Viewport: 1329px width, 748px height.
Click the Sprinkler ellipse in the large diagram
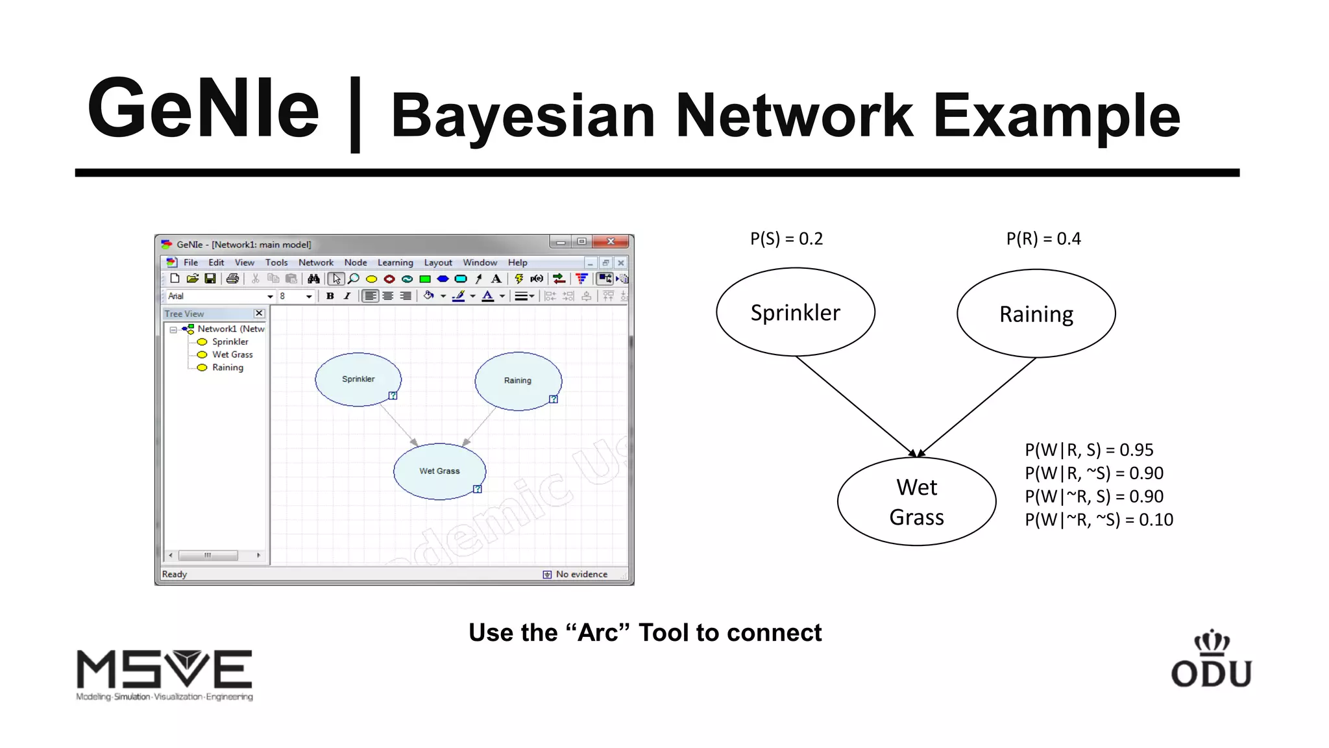pos(795,312)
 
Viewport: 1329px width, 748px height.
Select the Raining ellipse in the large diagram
pos(1036,314)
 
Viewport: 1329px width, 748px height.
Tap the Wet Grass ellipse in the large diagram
pos(916,501)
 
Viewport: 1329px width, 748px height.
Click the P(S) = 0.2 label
pos(786,239)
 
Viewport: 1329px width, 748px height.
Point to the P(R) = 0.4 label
pos(1043,239)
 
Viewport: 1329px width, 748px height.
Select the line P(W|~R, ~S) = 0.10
pos(1098,519)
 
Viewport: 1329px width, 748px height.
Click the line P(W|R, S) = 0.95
pos(1088,450)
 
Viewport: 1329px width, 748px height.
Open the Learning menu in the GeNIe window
pos(395,262)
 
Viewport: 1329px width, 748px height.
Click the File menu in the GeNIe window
pos(191,262)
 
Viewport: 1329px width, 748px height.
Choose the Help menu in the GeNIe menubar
pos(517,262)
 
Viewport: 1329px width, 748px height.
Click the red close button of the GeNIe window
pos(611,242)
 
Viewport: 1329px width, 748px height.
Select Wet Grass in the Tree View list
pos(232,355)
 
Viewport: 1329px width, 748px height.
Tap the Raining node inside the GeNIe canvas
pos(518,380)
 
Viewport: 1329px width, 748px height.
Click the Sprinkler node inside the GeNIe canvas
pos(358,379)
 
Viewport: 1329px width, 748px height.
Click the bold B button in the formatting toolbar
pos(330,296)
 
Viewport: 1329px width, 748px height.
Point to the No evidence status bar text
pos(581,574)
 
